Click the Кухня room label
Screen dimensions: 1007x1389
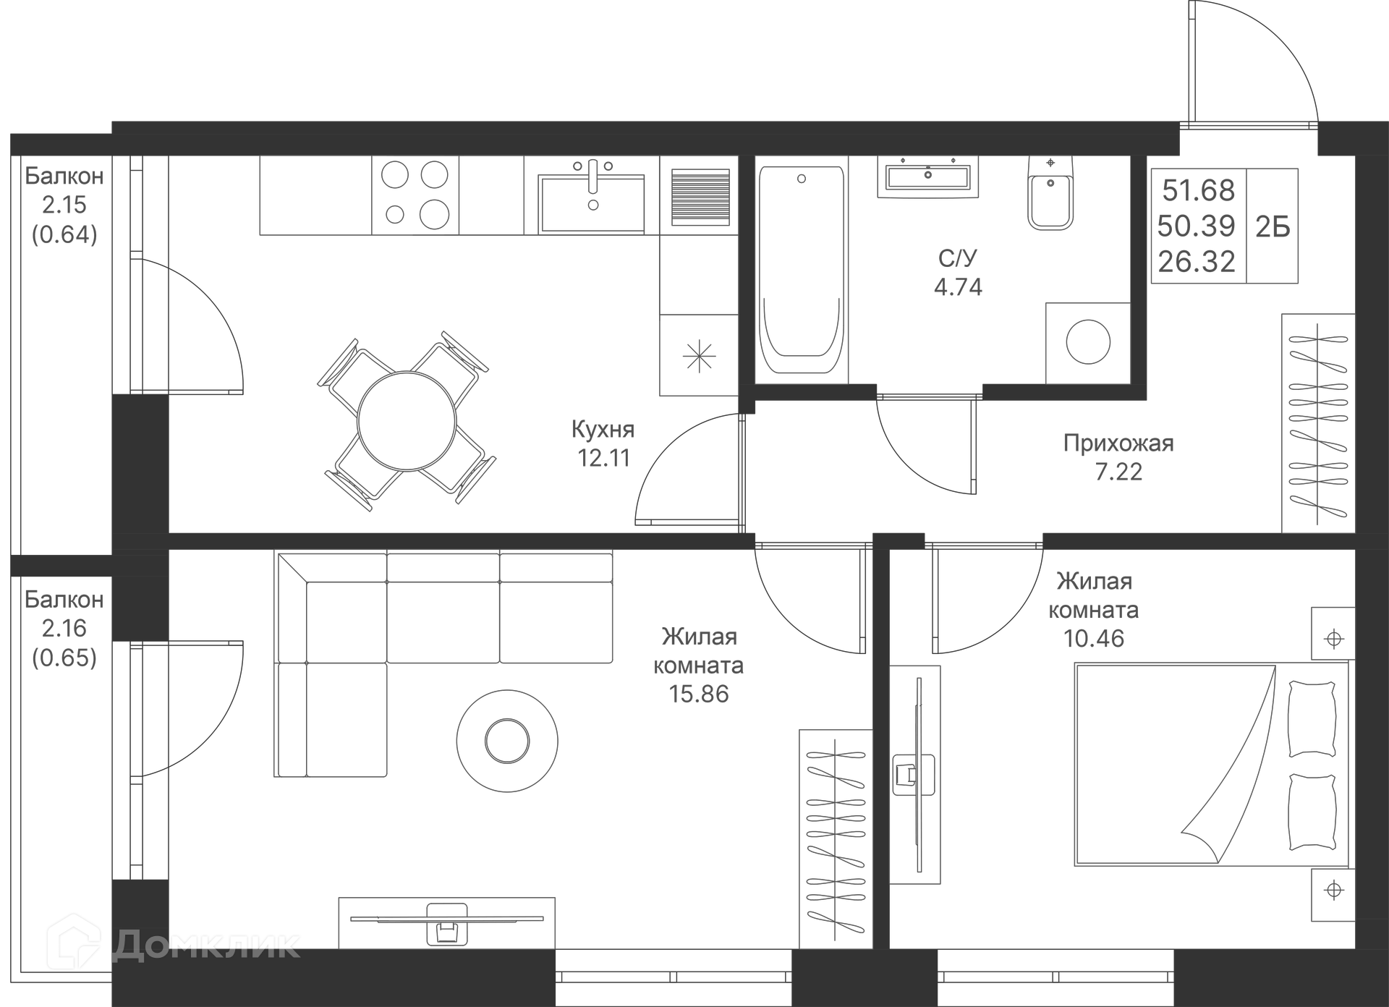tap(603, 429)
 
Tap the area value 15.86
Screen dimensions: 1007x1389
tap(698, 694)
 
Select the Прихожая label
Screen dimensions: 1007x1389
tap(1118, 443)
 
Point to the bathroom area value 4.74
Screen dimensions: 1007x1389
tap(958, 287)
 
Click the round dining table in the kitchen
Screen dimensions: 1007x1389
tap(407, 421)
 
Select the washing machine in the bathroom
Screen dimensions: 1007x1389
tap(1087, 343)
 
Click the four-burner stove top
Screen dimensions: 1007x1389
tap(415, 195)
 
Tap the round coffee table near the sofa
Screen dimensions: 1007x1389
tap(507, 740)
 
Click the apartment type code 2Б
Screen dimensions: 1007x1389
tap(1273, 227)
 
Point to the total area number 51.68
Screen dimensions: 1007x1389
tap(1198, 191)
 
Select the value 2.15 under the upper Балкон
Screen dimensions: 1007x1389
tap(64, 205)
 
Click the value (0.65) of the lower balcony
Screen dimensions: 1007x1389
tap(64, 658)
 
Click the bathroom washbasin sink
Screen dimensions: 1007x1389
tap(927, 176)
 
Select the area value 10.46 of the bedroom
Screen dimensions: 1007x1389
tap(1093, 638)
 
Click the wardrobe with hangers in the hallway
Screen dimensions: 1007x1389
tap(1317, 423)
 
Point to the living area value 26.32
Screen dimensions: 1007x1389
tap(1196, 262)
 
